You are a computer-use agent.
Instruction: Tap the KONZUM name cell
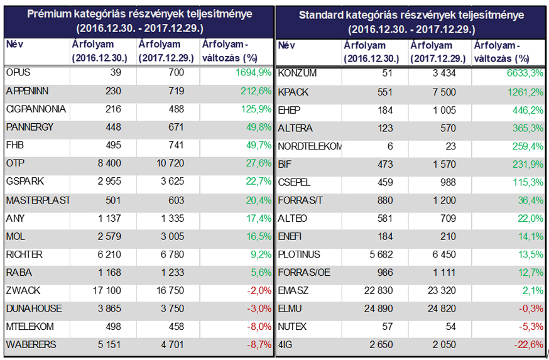click(297, 74)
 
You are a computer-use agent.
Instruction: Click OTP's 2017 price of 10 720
click(169, 163)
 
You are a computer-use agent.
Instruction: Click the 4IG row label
click(285, 344)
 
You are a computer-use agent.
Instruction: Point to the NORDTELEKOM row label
click(310, 146)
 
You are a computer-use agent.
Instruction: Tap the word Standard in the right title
click(320, 15)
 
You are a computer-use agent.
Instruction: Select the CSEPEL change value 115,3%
click(528, 182)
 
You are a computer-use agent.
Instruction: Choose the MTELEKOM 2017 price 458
click(175, 327)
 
